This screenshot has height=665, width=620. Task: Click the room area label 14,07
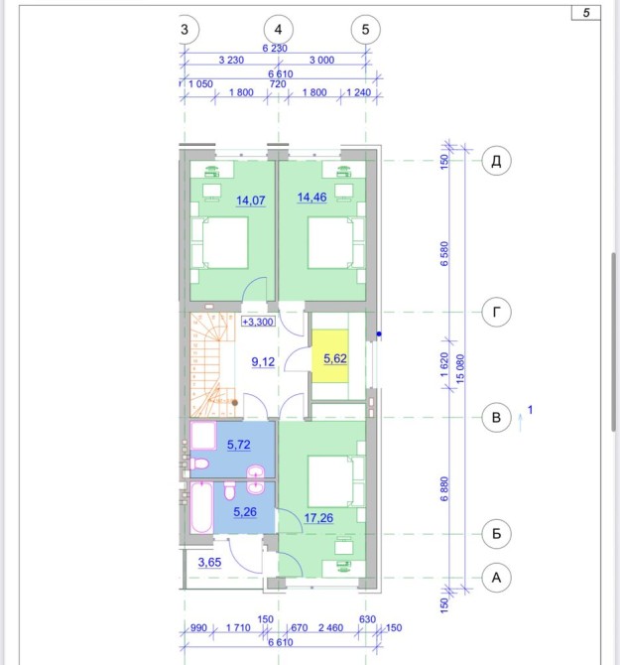coord(251,200)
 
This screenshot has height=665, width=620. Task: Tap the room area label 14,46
coord(311,198)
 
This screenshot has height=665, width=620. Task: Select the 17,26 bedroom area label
coord(318,518)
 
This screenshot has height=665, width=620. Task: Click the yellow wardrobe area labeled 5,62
coord(330,356)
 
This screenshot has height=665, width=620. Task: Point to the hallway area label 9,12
coord(263,361)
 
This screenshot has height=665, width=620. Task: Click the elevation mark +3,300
coord(258,322)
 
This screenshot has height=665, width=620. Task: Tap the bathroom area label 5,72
coord(239,445)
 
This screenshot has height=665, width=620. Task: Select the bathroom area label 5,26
coord(245,512)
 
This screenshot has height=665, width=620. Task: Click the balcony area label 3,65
coord(209,563)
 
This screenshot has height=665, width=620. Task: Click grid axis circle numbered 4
coord(278,30)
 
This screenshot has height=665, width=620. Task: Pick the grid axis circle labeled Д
coord(496,161)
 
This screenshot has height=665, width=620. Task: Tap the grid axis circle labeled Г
coord(496,312)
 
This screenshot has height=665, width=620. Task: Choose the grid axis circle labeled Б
coord(496,534)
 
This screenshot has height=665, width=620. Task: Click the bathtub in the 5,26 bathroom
coord(201,507)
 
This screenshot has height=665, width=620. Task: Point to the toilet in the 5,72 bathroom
coord(197,464)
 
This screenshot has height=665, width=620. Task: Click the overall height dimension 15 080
coord(460,369)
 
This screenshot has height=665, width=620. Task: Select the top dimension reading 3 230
coord(231,61)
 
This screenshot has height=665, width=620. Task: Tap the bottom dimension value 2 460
coord(331,627)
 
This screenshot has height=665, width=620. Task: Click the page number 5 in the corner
coord(586,13)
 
